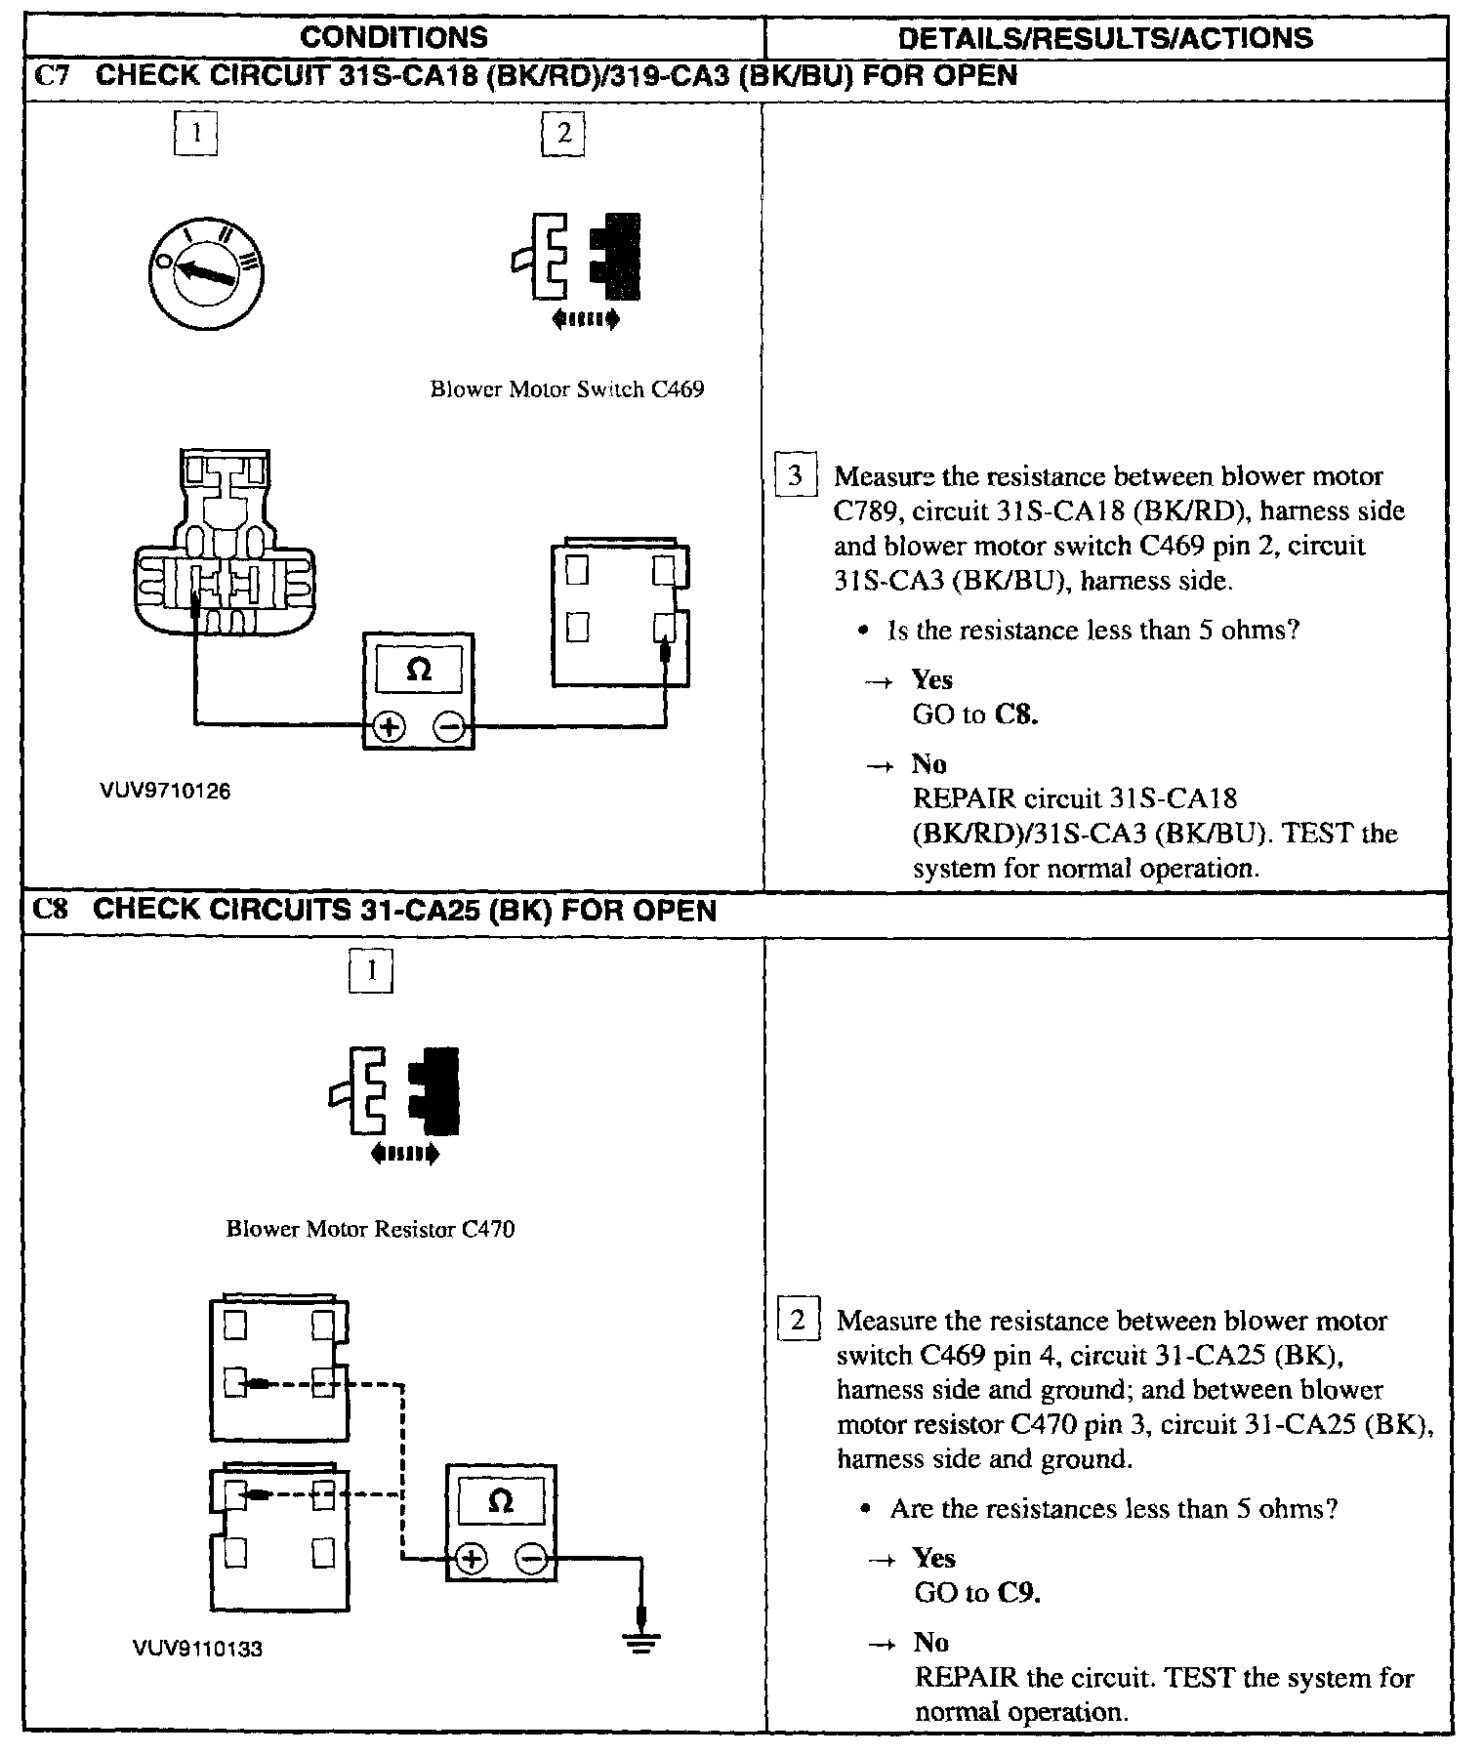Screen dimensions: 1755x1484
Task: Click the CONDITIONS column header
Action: click(x=393, y=37)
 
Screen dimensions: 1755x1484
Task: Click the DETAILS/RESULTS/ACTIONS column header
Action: click(x=1105, y=37)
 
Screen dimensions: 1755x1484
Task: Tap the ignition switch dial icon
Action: click(x=206, y=270)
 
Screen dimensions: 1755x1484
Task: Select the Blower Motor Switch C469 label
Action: click(x=567, y=389)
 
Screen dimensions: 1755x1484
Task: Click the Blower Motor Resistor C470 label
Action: click(x=370, y=1229)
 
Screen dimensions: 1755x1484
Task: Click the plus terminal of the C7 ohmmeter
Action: click(x=390, y=727)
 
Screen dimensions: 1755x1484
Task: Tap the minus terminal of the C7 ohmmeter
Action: click(x=448, y=727)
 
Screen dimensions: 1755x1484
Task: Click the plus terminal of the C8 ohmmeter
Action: click(x=472, y=1559)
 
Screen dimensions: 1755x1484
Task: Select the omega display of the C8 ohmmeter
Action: click(x=500, y=1504)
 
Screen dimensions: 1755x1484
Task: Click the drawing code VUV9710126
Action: click(x=165, y=792)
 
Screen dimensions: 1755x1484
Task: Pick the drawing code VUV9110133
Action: click(x=198, y=1649)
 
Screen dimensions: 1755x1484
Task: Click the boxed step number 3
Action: click(x=795, y=476)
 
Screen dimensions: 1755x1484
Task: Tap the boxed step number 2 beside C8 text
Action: click(x=798, y=1321)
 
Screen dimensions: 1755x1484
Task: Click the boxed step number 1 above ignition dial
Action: click(x=195, y=133)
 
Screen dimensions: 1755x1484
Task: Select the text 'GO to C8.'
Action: click(x=975, y=714)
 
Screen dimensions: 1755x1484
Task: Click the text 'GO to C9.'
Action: click(x=977, y=1593)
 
